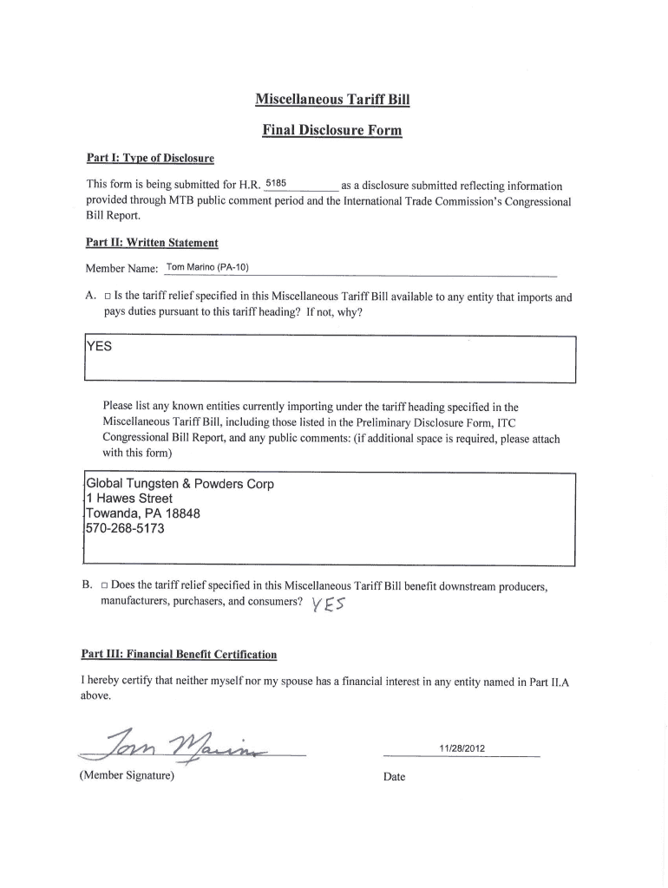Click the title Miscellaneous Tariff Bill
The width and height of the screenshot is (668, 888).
(x=332, y=100)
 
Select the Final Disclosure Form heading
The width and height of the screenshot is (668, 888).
(x=332, y=132)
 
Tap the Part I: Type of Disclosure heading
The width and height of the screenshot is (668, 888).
(x=150, y=160)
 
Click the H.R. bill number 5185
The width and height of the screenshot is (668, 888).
(x=275, y=184)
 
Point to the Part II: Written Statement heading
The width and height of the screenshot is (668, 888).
(x=152, y=244)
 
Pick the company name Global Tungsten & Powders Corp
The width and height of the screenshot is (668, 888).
(x=180, y=484)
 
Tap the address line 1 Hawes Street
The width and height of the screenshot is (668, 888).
(x=129, y=499)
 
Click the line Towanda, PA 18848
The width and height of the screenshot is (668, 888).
(x=143, y=513)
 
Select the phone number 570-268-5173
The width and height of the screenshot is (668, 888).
(x=125, y=528)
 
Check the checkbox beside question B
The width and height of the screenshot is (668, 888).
(x=105, y=586)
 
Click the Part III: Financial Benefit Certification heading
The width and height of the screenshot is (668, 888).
(x=181, y=654)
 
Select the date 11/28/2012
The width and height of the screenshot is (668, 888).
(x=462, y=748)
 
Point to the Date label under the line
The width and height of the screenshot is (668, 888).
(x=394, y=777)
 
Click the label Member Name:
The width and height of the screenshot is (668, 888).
(x=121, y=268)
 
